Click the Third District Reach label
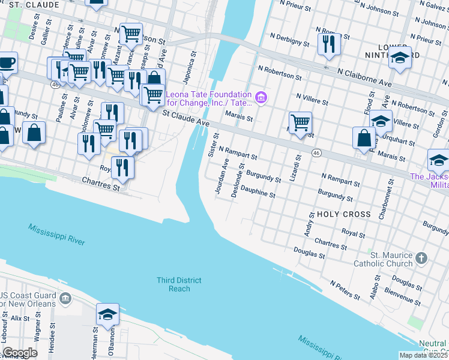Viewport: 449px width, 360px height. [179, 284]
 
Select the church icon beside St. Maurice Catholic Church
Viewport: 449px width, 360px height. [421, 259]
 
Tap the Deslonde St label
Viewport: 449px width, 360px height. [237, 183]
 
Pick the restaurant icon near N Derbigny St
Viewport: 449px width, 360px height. [329, 46]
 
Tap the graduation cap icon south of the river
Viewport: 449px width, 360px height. [107, 315]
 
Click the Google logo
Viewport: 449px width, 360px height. [20, 352]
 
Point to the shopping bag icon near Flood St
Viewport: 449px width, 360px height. [364, 139]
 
